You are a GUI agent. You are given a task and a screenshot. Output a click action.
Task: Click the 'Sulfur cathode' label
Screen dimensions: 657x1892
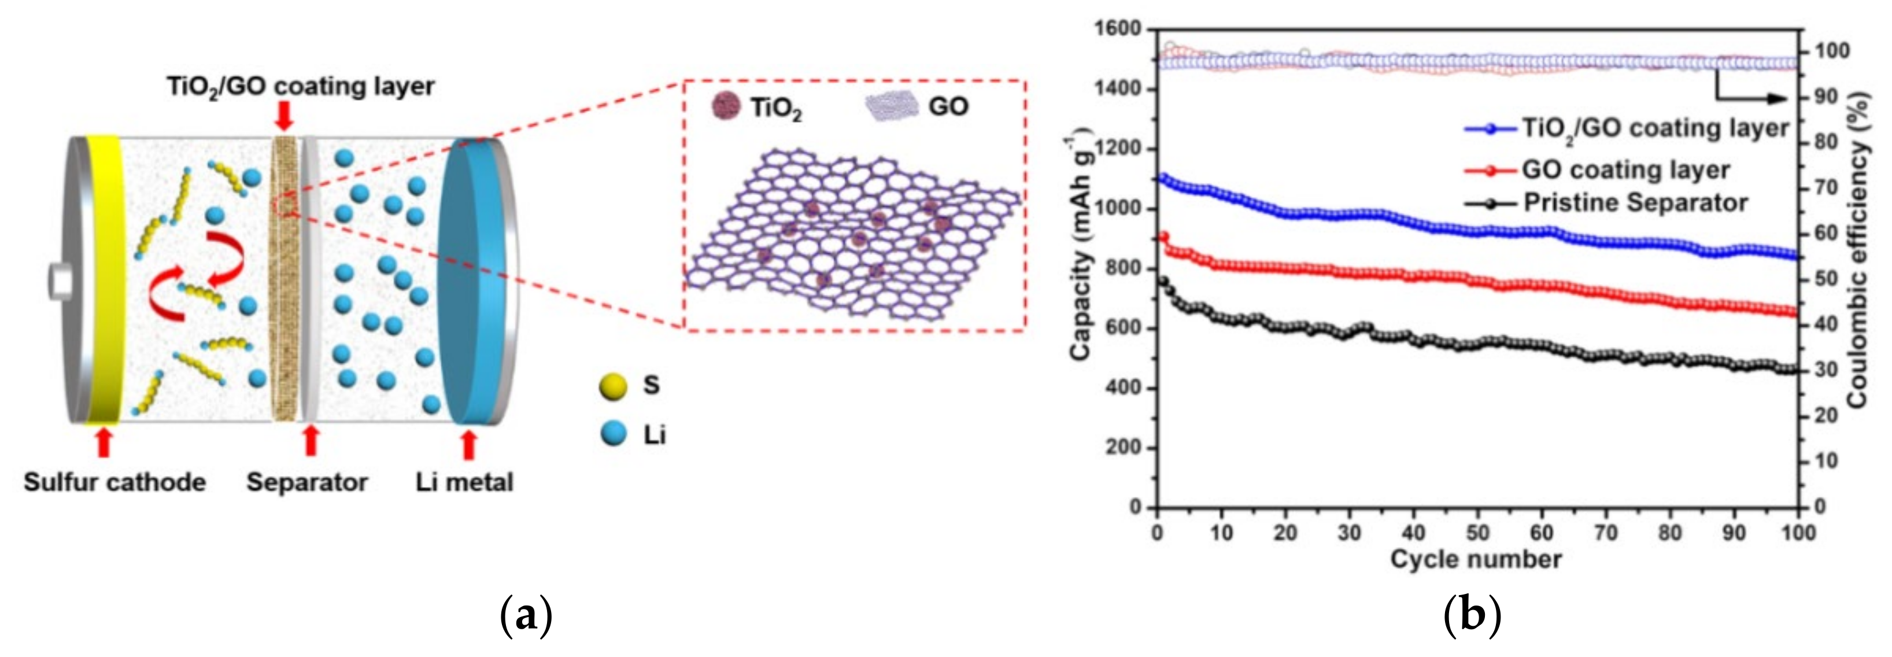click(x=114, y=482)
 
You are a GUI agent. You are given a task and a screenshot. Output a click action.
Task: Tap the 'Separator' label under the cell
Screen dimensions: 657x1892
click(x=307, y=482)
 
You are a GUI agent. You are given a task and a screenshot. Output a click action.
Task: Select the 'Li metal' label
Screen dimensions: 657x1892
click(x=464, y=482)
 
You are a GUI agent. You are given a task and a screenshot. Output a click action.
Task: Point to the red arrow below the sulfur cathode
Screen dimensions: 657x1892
click(x=104, y=442)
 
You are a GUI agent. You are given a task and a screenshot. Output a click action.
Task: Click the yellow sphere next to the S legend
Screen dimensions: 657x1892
click(x=612, y=386)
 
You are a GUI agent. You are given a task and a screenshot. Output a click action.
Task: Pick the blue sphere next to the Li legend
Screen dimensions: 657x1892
click(x=612, y=434)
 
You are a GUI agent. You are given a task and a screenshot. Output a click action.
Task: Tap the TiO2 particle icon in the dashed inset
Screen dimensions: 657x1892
click(x=724, y=106)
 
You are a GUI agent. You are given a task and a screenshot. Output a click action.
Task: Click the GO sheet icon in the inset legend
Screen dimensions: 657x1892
click(x=892, y=106)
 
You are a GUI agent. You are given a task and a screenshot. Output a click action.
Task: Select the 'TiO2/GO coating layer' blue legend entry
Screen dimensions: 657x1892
click(x=1627, y=128)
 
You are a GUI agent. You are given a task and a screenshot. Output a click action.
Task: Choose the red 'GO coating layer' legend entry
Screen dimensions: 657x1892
click(x=1598, y=171)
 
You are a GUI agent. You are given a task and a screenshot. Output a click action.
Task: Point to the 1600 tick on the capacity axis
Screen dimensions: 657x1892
click(x=1117, y=29)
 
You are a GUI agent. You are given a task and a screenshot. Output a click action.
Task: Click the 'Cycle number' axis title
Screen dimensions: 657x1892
click(x=1476, y=559)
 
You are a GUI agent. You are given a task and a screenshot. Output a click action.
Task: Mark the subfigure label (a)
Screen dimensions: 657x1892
click(x=526, y=616)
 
